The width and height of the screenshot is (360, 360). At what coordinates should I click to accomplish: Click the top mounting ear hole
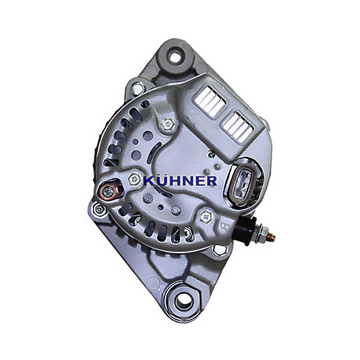[175, 56]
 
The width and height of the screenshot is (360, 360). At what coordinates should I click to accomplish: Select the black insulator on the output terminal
[247, 230]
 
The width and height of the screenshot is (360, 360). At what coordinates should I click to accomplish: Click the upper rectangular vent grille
[209, 101]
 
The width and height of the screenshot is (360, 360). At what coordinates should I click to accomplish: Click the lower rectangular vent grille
[237, 127]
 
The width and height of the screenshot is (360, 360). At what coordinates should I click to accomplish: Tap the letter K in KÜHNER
[149, 181]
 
